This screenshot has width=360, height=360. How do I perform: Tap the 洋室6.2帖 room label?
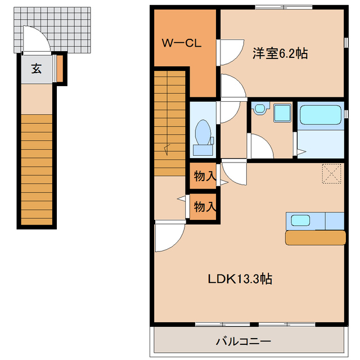click(x=280, y=54)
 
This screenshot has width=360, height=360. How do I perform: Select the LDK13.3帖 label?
click(x=241, y=278)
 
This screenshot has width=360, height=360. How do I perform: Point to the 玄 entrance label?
click(x=36, y=69)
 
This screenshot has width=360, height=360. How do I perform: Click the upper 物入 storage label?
click(x=205, y=176)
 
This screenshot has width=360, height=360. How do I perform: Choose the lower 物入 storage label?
click(x=205, y=206)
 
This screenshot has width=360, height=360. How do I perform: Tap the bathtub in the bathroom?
click(x=320, y=116)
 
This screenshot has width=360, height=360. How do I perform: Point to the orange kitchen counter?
click(x=315, y=237)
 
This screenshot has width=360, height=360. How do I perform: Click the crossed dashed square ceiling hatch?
click(x=332, y=173)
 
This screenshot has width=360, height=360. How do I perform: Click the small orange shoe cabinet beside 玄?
click(x=60, y=67)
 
